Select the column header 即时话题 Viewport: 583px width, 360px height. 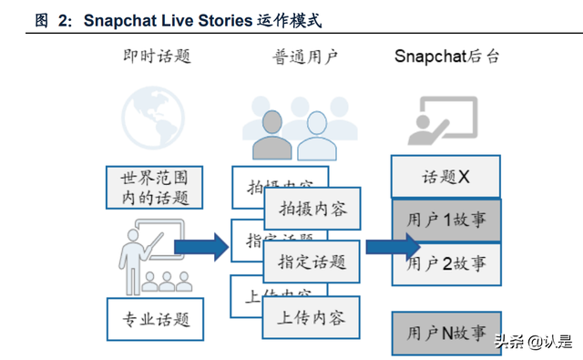157,57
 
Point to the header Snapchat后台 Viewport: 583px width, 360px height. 446,57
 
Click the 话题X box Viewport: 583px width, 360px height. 445,177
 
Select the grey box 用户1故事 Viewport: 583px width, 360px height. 446,221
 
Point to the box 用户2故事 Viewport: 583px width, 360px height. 446,264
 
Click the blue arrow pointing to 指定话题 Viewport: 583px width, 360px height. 201,246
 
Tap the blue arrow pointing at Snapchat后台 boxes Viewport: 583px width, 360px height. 393,246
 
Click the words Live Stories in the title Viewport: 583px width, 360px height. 200,19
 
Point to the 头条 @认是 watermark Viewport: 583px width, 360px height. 533,343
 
